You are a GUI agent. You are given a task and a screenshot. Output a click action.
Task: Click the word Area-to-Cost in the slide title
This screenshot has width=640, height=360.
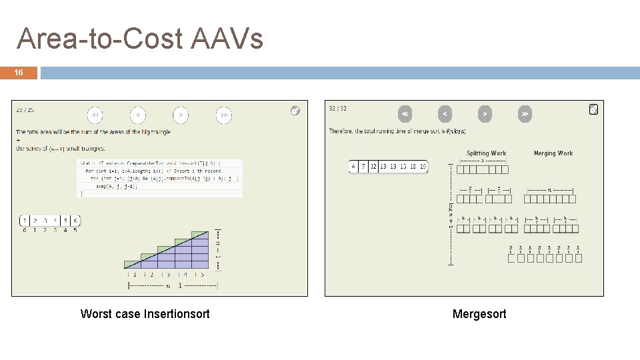[x=99, y=39]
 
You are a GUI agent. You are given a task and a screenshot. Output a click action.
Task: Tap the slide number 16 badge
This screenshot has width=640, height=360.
[x=19, y=73]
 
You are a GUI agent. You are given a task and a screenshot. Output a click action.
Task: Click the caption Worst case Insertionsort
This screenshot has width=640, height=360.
[x=145, y=314]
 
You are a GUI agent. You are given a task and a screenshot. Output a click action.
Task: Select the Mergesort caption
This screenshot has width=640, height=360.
[x=479, y=314]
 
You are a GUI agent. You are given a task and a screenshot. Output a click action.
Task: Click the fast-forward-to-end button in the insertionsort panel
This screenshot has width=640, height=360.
[x=223, y=115]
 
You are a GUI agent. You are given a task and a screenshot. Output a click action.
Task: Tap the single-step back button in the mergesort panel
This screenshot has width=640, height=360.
[x=445, y=114]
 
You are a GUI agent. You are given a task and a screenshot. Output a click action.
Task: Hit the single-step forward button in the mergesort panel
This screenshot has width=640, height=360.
[x=485, y=114]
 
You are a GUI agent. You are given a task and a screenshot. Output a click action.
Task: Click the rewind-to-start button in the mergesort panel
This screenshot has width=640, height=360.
[x=405, y=114]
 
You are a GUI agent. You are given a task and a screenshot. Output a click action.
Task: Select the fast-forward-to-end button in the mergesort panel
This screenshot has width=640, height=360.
[x=525, y=114]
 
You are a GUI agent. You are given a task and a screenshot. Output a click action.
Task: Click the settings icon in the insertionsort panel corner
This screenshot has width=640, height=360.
[x=295, y=111]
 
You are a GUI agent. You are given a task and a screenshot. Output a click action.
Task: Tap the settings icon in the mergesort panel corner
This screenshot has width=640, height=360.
[x=593, y=109]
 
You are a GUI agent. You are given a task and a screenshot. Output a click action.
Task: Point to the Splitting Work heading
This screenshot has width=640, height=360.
[x=486, y=153]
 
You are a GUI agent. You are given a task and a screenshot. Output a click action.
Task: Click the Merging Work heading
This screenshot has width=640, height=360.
[x=553, y=153]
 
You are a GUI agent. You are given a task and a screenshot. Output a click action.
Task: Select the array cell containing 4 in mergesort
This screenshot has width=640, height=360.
[x=353, y=167]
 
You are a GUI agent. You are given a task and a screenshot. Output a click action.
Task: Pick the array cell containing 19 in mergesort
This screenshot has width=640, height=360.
[x=423, y=167]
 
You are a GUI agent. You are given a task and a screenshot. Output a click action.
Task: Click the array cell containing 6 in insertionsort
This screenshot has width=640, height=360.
[x=75, y=221]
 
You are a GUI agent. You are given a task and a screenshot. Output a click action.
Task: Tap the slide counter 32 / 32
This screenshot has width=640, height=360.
[x=338, y=109]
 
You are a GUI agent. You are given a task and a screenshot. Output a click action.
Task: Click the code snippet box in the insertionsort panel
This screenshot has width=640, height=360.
[x=160, y=177]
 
